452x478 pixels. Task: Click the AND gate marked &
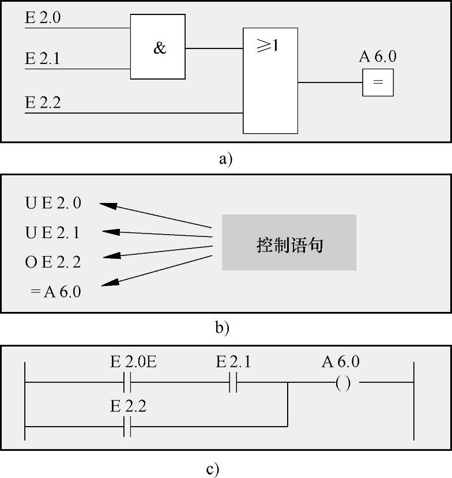[158, 47]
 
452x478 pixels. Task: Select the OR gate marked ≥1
[270, 81]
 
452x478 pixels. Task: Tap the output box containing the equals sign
[378, 82]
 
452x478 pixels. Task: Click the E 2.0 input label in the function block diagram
[43, 18]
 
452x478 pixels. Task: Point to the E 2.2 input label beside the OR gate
[43, 103]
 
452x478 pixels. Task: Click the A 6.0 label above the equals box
[378, 57]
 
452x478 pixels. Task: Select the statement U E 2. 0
[53, 203]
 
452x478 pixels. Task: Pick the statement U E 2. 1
[53, 233]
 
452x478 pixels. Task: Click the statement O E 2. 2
[53, 262]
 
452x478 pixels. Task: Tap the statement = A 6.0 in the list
[56, 292]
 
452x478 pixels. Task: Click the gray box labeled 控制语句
[289, 243]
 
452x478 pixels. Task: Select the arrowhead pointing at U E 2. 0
[107, 205]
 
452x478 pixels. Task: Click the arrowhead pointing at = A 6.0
[110, 283]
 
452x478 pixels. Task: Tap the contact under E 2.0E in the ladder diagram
[127, 382]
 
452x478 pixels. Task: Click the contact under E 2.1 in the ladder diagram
[233, 382]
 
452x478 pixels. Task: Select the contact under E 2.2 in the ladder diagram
[127, 427]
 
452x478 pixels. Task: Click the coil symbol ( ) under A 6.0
[343, 382]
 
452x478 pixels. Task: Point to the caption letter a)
[225, 159]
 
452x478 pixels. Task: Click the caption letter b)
[222, 328]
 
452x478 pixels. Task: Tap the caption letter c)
[213, 469]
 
